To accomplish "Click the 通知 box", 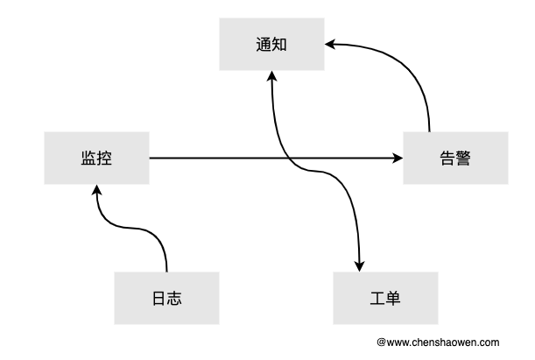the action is click(271, 45).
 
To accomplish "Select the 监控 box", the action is click(96, 158).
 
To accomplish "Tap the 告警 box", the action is click(455, 158).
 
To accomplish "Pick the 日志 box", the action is click(166, 298).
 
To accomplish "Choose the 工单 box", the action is click(385, 298).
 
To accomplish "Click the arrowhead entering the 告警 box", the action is click(398, 158).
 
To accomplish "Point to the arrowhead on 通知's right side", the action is click(330, 44).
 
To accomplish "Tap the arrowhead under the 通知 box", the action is click(272, 76).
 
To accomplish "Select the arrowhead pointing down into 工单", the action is click(359, 266).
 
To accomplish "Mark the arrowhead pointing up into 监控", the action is click(97, 190).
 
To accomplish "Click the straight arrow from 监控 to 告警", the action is click(277, 158).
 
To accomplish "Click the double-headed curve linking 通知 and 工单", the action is click(315, 172).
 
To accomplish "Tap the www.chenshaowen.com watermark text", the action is click(443, 342).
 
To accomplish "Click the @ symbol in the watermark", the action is click(382, 342).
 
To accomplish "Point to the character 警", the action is click(463, 159).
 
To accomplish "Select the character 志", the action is click(175, 298).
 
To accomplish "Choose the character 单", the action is click(393, 298).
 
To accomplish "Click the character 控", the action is click(104, 158).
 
